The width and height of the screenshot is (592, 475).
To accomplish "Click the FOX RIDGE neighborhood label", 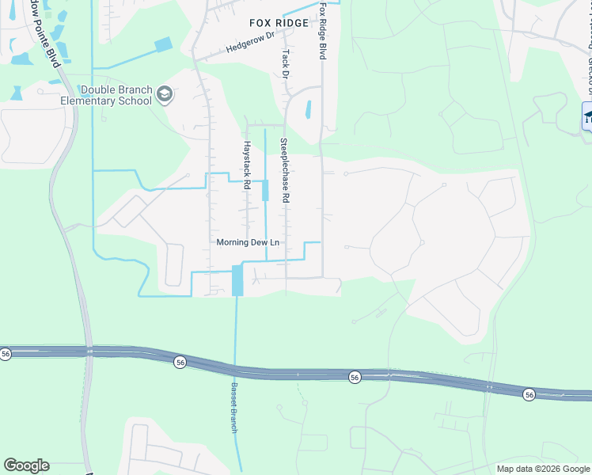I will (x=278, y=23).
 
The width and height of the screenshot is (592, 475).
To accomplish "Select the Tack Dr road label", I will (x=285, y=63).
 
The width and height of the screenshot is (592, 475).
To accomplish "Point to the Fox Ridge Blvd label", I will (x=323, y=32).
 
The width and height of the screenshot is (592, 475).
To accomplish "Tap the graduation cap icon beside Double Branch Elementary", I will (x=165, y=95).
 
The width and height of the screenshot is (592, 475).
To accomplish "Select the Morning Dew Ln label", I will (x=249, y=242).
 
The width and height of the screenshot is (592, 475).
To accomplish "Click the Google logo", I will (x=26, y=465).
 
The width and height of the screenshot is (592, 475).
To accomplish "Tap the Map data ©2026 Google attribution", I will (x=543, y=469).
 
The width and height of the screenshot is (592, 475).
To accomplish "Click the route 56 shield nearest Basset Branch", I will (x=180, y=362).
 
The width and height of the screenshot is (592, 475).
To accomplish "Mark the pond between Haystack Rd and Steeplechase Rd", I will (x=265, y=190).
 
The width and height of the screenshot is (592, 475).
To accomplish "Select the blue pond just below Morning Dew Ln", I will (x=237, y=280).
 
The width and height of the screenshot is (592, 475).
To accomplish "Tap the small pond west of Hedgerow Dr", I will (x=164, y=44).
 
